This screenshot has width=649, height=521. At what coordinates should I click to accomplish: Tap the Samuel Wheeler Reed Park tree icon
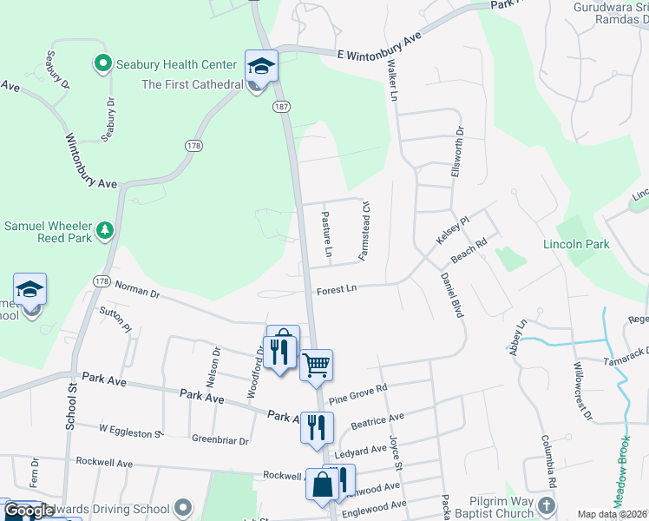tap(105, 229)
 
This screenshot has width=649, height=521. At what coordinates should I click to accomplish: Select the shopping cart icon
tap(316, 364)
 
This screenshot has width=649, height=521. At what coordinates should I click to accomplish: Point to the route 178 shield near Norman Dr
tap(102, 281)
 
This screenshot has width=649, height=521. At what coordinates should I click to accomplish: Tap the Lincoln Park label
tap(576, 244)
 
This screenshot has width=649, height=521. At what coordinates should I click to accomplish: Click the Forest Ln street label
tap(337, 289)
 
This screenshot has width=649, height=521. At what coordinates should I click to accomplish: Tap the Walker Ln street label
tap(392, 81)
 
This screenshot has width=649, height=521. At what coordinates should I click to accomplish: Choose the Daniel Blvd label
tap(449, 294)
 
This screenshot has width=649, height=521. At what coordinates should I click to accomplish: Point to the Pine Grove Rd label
tap(357, 393)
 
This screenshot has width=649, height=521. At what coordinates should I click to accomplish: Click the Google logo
tap(28, 511)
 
